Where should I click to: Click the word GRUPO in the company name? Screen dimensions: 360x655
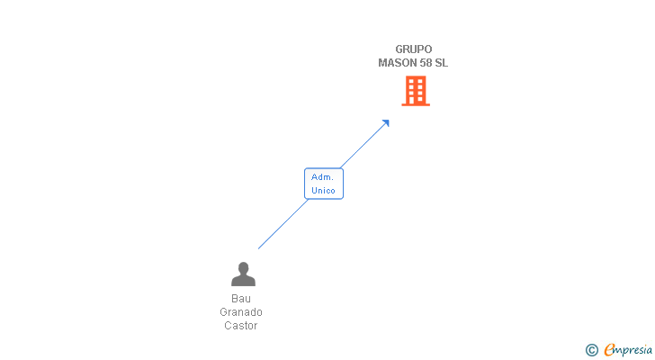click(x=414, y=49)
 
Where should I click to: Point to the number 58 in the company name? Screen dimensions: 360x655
click(x=426, y=63)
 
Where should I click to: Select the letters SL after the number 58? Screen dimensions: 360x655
click(x=442, y=63)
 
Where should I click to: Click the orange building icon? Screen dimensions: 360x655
click(x=415, y=90)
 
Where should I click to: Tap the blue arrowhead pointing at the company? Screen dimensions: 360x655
click(x=385, y=123)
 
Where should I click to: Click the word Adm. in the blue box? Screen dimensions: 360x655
click(x=323, y=177)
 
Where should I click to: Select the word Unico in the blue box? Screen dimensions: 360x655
click(x=323, y=191)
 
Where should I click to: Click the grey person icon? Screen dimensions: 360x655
click(x=243, y=274)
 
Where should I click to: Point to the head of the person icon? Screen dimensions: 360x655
click(x=243, y=267)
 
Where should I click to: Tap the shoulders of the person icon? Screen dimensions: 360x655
click(x=243, y=281)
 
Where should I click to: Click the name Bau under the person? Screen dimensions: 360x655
click(x=241, y=299)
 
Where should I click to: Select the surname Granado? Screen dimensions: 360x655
click(x=241, y=312)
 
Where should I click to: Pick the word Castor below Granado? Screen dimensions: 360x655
click(x=241, y=326)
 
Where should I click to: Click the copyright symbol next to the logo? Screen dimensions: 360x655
click(x=591, y=350)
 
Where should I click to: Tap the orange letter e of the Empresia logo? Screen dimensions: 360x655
click(x=610, y=350)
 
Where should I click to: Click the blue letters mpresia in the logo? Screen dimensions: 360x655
click(x=634, y=350)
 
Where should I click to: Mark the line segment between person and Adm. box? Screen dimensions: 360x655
click(x=283, y=224)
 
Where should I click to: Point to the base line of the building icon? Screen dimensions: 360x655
click(x=415, y=104)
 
